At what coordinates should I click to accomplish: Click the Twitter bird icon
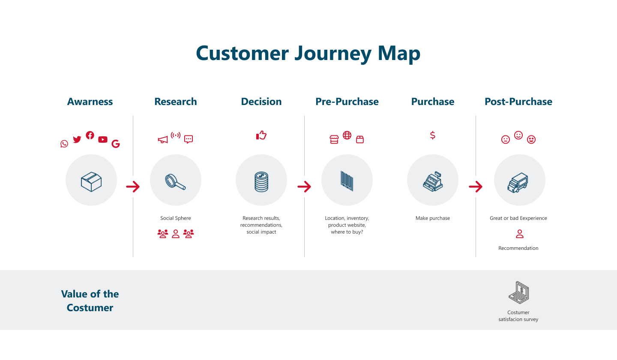click(x=77, y=139)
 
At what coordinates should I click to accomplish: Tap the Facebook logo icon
click(x=90, y=135)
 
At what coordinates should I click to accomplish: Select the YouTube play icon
click(x=103, y=140)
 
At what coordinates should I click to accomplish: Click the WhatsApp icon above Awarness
click(x=64, y=144)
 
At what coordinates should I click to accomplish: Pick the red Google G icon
click(x=116, y=144)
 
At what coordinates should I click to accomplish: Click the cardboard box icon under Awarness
click(x=91, y=182)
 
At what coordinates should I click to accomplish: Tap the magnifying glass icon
click(x=176, y=182)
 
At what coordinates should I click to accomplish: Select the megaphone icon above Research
click(x=163, y=140)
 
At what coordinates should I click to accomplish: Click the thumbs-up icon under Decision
click(x=261, y=135)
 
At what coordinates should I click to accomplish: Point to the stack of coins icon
click(x=261, y=182)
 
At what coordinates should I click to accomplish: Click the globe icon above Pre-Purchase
click(x=347, y=135)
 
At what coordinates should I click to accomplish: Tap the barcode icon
click(x=347, y=181)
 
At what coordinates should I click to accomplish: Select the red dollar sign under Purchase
click(x=433, y=135)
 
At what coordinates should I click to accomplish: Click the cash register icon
click(x=433, y=182)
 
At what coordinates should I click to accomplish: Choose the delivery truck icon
click(x=518, y=183)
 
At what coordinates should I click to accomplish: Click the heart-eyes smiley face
click(x=531, y=140)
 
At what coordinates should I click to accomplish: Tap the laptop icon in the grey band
click(x=518, y=293)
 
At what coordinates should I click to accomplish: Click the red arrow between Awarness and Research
click(x=133, y=187)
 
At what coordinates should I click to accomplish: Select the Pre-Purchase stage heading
click(x=347, y=102)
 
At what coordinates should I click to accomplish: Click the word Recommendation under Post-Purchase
click(x=518, y=248)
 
